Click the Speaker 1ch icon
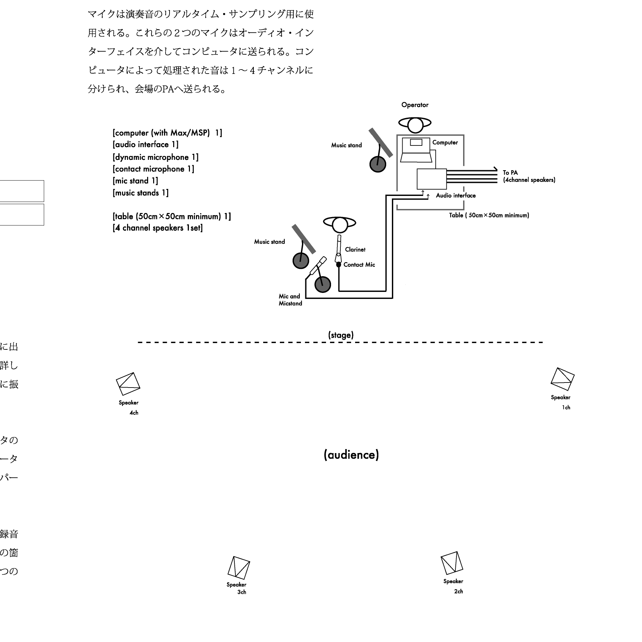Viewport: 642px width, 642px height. [x=562, y=379]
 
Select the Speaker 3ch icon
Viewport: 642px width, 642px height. [x=239, y=568]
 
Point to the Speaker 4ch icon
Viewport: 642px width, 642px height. [x=128, y=384]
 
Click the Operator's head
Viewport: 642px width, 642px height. [x=415, y=125]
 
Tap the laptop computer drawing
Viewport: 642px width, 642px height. [x=416, y=150]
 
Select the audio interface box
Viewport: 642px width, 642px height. [x=431, y=179]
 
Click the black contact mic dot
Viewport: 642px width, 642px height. [x=338, y=264]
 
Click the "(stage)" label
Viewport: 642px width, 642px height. [x=341, y=335]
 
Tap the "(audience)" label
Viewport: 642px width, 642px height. [x=351, y=455]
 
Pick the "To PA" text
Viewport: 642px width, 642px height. [x=510, y=173]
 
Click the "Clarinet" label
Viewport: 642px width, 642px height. [x=355, y=249]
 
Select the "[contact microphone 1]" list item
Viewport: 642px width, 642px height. [x=153, y=169]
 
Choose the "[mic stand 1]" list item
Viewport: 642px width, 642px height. [x=135, y=181]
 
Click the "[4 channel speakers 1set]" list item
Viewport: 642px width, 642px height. [x=158, y=228]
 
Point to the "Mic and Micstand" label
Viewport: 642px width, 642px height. [x=290, y=300]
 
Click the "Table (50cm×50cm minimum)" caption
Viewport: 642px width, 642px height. [x=489, y=215]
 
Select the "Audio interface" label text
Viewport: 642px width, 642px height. [x=455, y=196]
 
